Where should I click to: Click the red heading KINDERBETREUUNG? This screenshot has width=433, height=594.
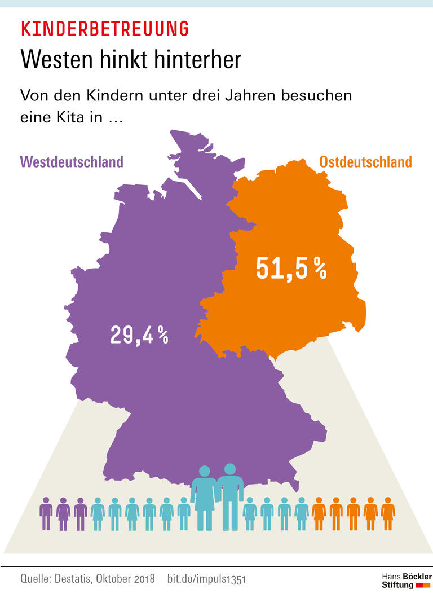tap(104, 28)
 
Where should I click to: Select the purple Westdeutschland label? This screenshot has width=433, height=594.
tap(72, 162)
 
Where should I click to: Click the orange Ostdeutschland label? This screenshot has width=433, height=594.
tap(365, 162)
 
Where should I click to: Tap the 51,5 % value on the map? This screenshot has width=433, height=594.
tap(291, 269)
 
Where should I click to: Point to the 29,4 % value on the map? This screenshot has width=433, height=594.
tap(139, 336)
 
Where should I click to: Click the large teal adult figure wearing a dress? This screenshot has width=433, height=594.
tap(205, 496)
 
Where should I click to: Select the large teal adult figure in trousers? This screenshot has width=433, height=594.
tap(229, 495)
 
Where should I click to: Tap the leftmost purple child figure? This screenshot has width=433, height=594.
tap(46, 513)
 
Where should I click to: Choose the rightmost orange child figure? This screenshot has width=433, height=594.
tap(388, 513)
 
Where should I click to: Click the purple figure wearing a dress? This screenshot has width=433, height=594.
tap(63, 513)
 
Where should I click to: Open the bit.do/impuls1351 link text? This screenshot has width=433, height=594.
tap(206, 579)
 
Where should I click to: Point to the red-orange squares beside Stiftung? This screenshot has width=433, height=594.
tap(423, 586)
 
